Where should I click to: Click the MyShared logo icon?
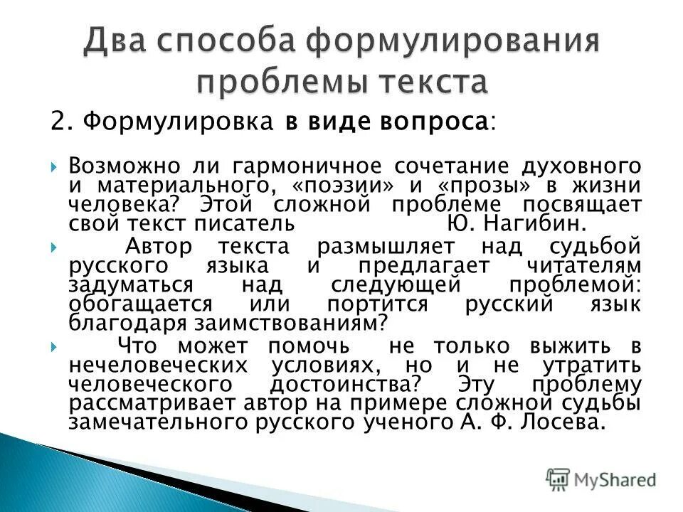(558, 479)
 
